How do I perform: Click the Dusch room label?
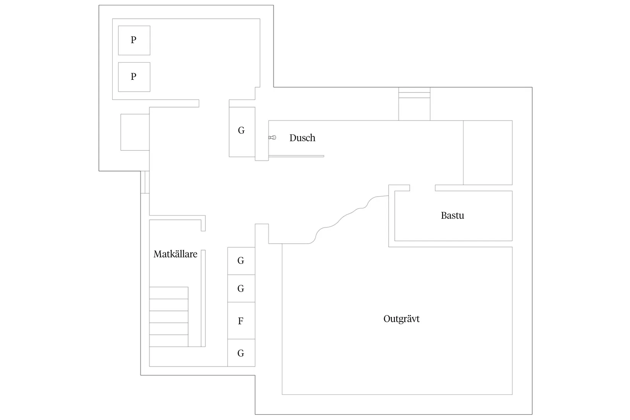tap(302, 138)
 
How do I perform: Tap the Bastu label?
tap(452, 215)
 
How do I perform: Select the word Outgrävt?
tap(401, 319)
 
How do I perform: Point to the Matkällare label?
tap(175, 254)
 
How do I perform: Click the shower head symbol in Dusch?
tap(272, 137)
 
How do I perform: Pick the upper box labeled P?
tap(134, 40)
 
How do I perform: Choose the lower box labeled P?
tap(134, 77)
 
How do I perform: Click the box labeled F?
tap(241, 321)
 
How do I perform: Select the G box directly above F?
tap(241, 288)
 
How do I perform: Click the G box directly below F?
tap(241, 353)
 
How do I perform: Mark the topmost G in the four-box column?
tap(241, 260)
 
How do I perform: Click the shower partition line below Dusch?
tap(296, 156)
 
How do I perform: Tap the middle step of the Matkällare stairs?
tap(168, 317)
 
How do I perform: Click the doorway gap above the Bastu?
tap(422, 188)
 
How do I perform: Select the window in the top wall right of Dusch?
tap(414, 93)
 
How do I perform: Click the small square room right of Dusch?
tap(488, 153)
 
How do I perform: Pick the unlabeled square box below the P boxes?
tap(135, 132)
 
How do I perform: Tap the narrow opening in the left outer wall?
tap(145, 182)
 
